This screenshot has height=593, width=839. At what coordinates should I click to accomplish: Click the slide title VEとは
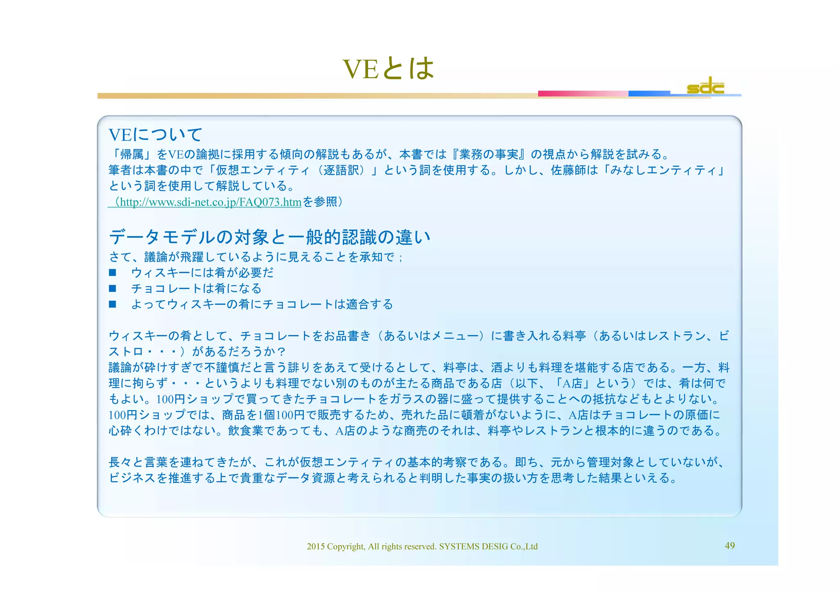pos(388,68)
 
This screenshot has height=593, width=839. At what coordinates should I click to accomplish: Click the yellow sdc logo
pos(705,86)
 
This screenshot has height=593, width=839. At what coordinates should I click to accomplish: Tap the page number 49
pos(730,545)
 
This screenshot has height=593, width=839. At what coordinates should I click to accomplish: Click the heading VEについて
pos(155,135)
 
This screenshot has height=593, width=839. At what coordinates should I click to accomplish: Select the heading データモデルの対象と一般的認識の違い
pos(270,237)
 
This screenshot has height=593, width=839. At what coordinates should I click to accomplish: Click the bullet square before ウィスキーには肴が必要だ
pos(113,273)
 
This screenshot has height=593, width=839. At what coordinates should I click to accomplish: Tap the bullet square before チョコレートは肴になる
pos(113,289)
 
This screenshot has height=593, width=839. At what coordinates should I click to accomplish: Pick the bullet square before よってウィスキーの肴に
pos(113,304)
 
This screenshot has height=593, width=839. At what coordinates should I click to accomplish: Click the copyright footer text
pos(422,546)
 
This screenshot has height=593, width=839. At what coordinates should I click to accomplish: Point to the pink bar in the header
pos(583,93)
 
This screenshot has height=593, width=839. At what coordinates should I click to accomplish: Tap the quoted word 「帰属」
pos(132,154)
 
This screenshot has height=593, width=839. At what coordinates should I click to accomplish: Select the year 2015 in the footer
pos(315,546)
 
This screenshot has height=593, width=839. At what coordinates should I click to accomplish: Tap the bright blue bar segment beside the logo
pos(649,93)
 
